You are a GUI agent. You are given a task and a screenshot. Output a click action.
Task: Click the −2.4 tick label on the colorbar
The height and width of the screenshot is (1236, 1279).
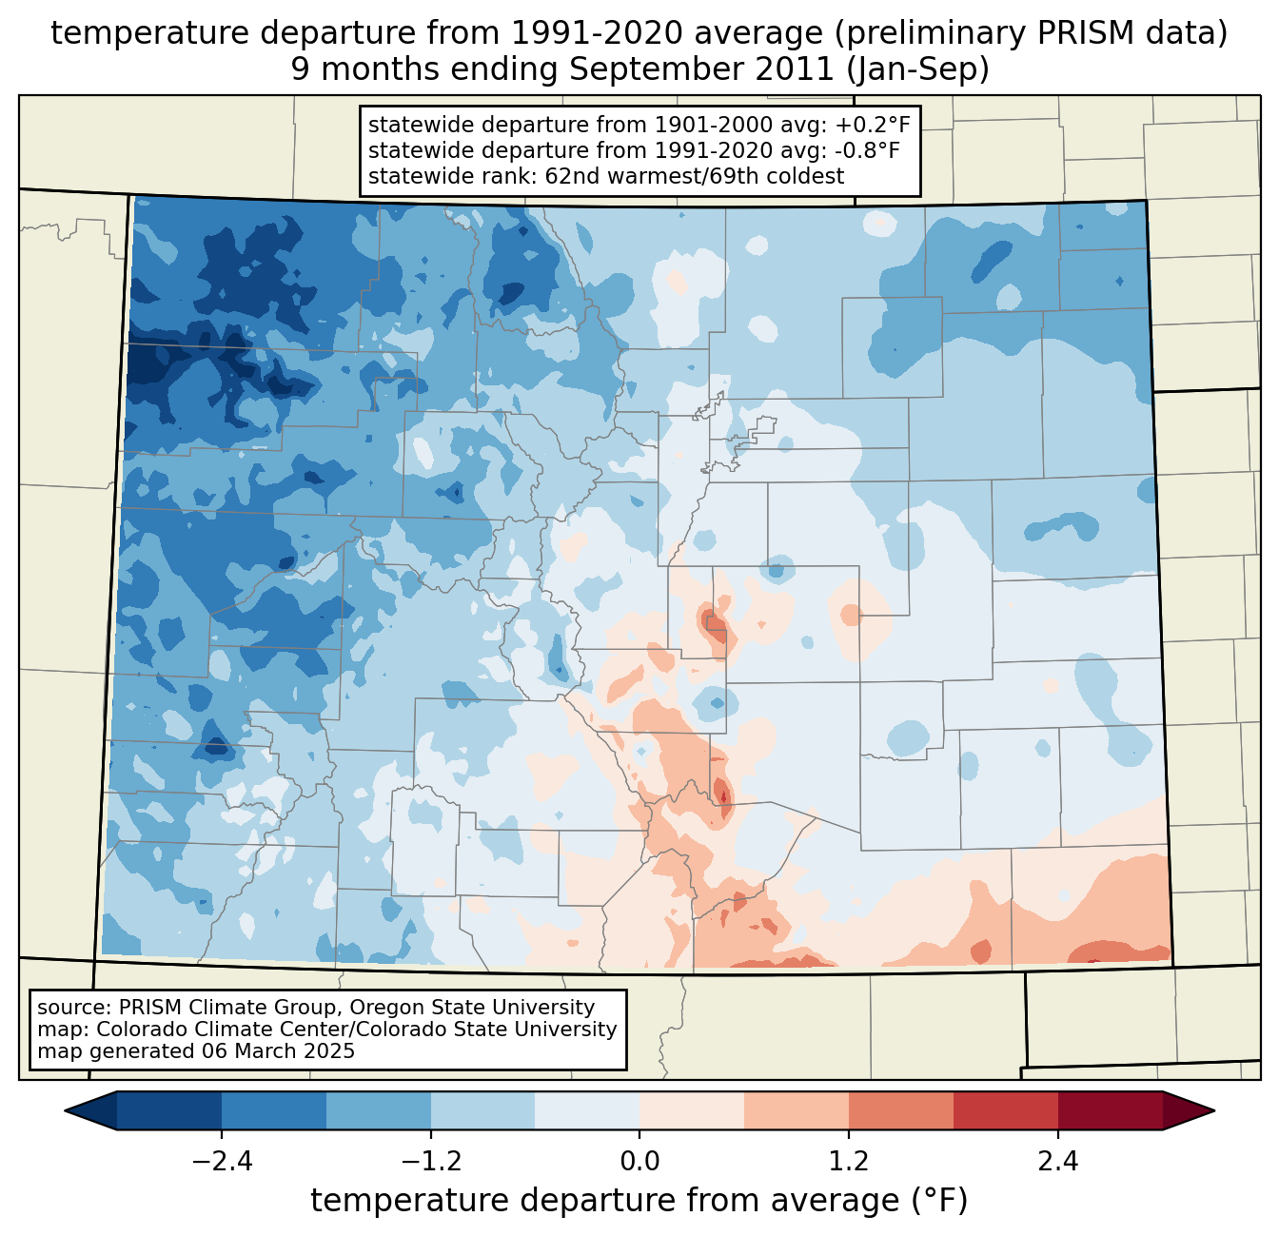[x=222, y=1161]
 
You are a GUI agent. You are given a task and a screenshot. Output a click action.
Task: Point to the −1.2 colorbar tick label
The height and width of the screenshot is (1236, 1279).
[x=430, y=1161]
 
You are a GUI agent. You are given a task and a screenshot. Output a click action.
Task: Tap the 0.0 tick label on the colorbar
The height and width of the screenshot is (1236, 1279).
[x=639, y=1161]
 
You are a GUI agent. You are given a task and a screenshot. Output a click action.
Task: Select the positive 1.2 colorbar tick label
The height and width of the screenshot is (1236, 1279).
[x=849, y=1161]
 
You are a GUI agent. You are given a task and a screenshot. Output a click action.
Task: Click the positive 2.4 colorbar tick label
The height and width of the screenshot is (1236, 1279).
[x=1057, y=1161]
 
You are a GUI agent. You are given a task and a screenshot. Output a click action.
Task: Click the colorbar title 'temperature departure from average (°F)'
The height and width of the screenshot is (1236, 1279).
[x=639, y=1201]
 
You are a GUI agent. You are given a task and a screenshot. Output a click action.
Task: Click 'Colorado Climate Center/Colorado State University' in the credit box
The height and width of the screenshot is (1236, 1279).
[x=357, y=1030]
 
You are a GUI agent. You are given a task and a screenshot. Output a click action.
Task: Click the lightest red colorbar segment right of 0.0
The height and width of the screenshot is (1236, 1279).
[x=692, y=1110]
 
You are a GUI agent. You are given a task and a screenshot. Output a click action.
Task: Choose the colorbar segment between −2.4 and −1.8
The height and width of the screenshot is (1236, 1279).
[x=274, y=1110]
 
